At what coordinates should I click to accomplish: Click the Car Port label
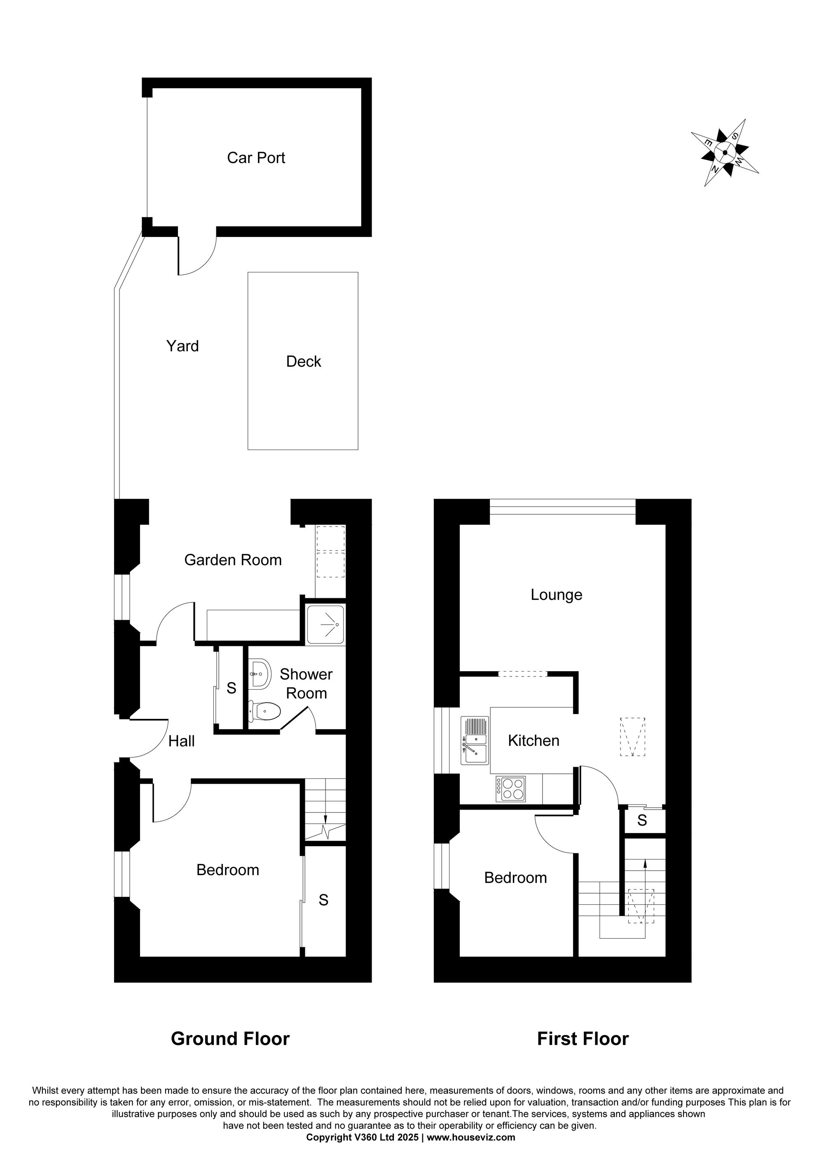(x=256, y=158)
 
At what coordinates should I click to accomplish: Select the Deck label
(x=304, y=362)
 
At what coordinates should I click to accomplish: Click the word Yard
(x=182, y=347)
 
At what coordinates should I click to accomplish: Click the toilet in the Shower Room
(x=265, y=711)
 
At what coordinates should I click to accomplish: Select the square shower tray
(x=325, y=624)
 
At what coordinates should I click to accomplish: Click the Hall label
(x=181, y=742)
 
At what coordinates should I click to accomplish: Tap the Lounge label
(x=557, y=595)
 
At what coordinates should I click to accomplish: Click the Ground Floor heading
(x=230, y=1039)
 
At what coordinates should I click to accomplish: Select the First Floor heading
(x=583, y=1039)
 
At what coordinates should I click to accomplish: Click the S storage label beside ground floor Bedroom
(x=323, y=900)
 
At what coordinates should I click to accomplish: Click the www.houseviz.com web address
(x=471, y=1138)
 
